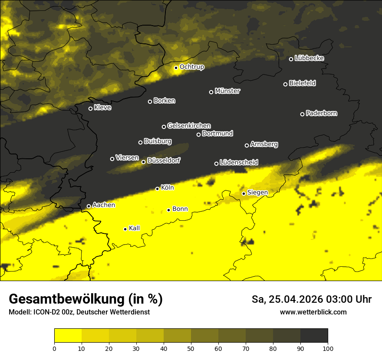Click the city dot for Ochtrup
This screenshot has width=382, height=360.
pyautogui.click(x=176, y=68)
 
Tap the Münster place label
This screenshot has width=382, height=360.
pyautogui.click(x=227, y=91)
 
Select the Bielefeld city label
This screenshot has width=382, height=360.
pyautogui.click(x=302, y=83)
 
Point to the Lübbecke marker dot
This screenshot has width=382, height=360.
pyautogui.click(x=291, y=59)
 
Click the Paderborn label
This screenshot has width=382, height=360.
pyautogui.click(x=321, y=113)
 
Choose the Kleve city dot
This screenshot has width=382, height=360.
pyautogui.click(x=90, y=108)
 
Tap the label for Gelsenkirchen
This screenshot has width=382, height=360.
pyautogui.click(x=189, y=126)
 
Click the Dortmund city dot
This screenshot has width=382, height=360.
pyautogui.click(x=198, y=134)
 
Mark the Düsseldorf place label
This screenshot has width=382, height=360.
pyautogui.click(x=164, y=160)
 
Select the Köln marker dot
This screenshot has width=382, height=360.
pyautogui.click(x=157, y=189)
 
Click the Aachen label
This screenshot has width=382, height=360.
pyautogui.click(x=103, y=205)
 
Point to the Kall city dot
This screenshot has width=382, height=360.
pyautogui.click(x=125, y=229)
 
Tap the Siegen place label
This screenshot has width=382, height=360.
pyautogui.click(x=257, y=192)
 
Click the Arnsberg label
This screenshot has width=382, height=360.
pyautogui.click(x=264, y=144)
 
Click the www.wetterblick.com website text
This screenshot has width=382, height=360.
pyautogui.click(x=313, y=312)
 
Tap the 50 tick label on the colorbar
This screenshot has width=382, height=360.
pyautogui.click(x=191, y=348)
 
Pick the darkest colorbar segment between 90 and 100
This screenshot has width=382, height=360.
pyautogui.click(x=314, y=336)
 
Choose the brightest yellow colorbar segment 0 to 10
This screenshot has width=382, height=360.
pyautogui.click(x=68, y=336)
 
